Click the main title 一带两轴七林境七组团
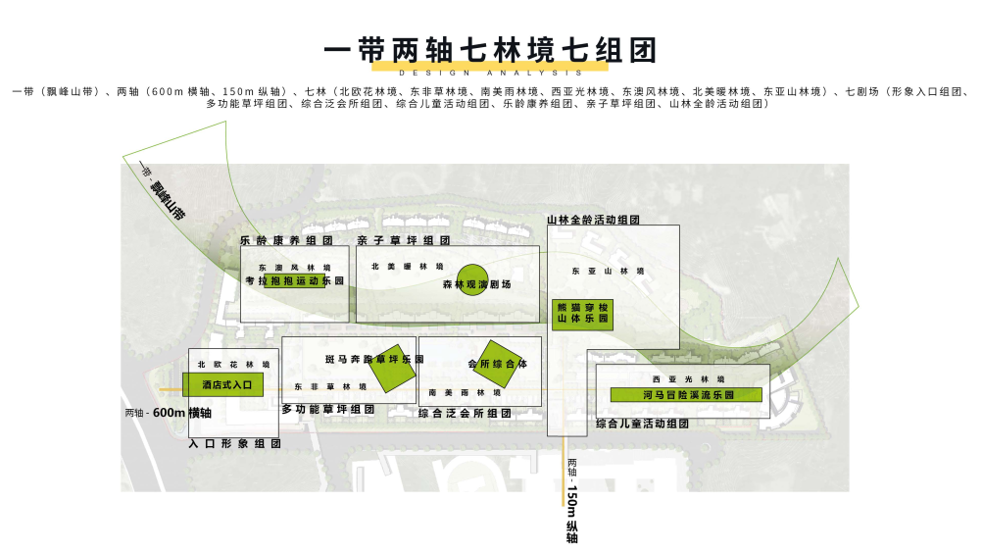[490, 49]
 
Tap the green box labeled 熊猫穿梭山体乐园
[582, 314]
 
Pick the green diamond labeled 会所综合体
[498, 362]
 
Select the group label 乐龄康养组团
[286, 240]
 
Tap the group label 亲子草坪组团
[403, 240]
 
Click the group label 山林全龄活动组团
[593, 221]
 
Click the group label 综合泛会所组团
[467, 414]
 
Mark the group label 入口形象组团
[234, 443]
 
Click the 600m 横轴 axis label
[169, 413]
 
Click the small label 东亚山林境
[608, 271]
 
